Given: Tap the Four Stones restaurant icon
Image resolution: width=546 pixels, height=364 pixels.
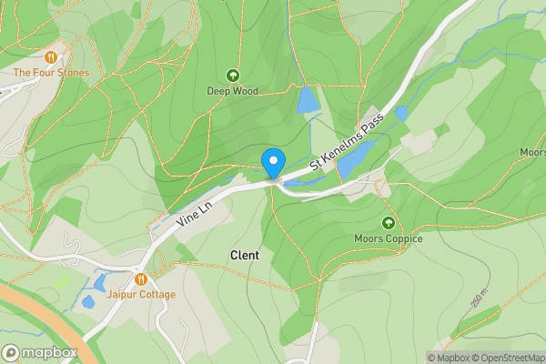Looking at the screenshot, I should pyautogui.click(x=51, y=57).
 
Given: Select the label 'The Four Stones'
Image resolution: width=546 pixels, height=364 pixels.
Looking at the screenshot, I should pyautogui.click(x=51, y=73).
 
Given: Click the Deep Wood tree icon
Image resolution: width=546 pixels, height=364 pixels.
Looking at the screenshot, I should pyautogui.click(x=232, y=76).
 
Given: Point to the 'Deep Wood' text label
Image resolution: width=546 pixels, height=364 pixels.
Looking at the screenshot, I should pyautogui.click(x=232, y=91).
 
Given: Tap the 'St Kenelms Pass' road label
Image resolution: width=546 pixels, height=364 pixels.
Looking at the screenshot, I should pyautogui.click(x=347, y=141).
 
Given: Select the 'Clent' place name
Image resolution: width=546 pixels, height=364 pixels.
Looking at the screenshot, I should pyautogui.click(x=245, y=256).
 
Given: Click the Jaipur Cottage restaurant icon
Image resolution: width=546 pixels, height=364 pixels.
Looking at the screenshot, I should pyautogui.click(x=141, y=279).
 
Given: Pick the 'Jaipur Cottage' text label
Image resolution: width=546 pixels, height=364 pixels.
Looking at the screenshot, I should pyautogui.click(x=141, y=295).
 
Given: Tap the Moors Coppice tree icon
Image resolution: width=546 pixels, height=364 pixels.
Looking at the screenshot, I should pyautogui.click(x=389, y=223).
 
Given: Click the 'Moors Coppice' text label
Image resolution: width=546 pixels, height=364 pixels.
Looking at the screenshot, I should pyautogui.click(x=389, y=238).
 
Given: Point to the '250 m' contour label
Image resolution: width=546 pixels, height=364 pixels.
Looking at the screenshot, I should pyautogui.click(x=479, y=298).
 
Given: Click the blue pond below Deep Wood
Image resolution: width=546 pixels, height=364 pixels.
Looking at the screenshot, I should pyautogui.click(x=307, y=100).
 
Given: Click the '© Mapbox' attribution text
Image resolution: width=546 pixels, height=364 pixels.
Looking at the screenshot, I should pyautogui.click(x=448, y=358).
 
